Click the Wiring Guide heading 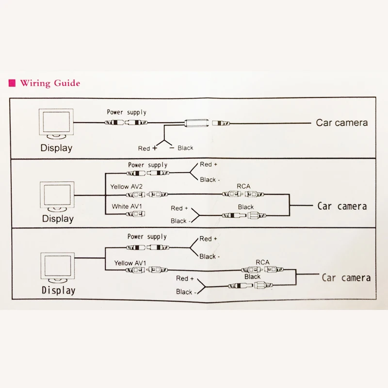click(x=50, y=83)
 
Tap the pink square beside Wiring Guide click(x=12, y=83)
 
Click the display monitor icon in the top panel click(x=56, y=124)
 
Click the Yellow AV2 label click(x=127, y=187)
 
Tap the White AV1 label click(x=127, y=207)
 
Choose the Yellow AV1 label click(x=130, y=263)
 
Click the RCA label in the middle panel click(x=243, y=186)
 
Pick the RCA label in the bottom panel click(x=262, y=262)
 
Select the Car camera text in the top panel click(x=342, y=123)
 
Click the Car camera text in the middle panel click(x=342, y=206)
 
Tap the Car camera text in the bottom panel click(x=346, y=277)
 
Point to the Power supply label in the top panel click(x=127, y=113)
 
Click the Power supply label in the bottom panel click(x=147, y=237)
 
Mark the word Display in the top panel click(x=56, y=148)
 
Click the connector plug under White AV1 click(x=135, y=214)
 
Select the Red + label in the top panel click(x=147, y=148)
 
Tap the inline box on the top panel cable click(x=196, y=123)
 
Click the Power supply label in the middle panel click(x=148, y=165)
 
